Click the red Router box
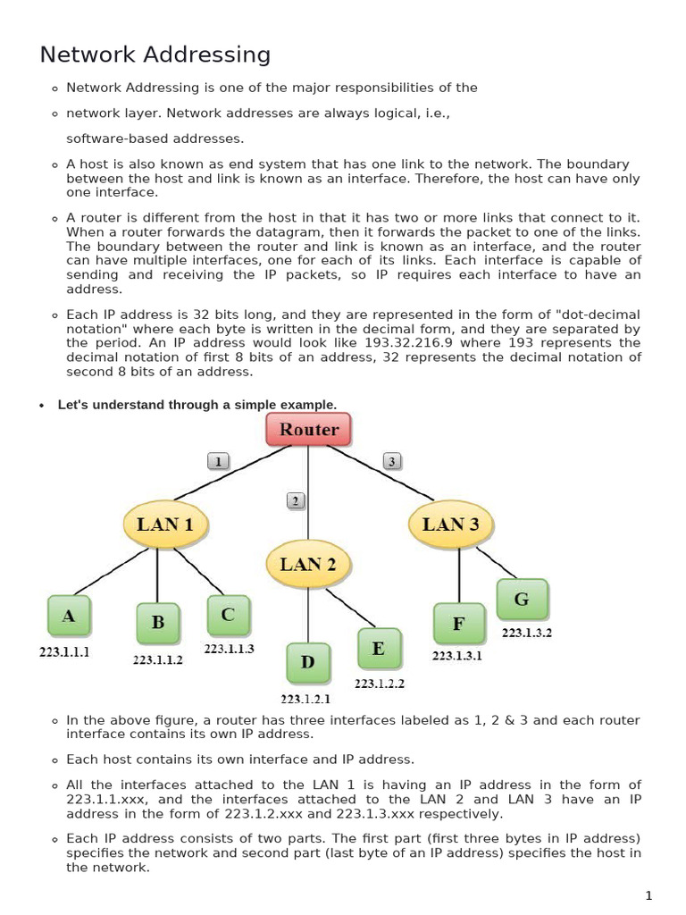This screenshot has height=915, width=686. [308, 429]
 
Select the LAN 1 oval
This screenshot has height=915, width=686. [164, 525]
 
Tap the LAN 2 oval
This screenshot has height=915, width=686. [308, 564]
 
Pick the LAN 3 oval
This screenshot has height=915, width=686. [450, 525]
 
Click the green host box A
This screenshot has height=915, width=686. [69, 617]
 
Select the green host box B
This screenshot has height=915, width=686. [158, 623]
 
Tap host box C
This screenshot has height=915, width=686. [228, 615]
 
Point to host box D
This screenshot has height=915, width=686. [307, 662]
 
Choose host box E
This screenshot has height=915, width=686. [379, 649]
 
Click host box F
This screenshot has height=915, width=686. [458, 624]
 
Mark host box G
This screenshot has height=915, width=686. [522, 600]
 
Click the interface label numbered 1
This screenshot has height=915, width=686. [219, 461]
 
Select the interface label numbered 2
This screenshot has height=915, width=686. [297, 500]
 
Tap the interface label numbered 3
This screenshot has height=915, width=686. [391, 461]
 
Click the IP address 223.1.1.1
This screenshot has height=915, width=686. [64, 652]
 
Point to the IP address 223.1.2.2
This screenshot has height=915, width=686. [380, 684]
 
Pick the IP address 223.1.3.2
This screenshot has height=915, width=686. [527, 633]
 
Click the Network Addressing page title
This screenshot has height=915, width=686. [155, 55]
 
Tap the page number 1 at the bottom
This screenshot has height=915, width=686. [649, 895]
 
